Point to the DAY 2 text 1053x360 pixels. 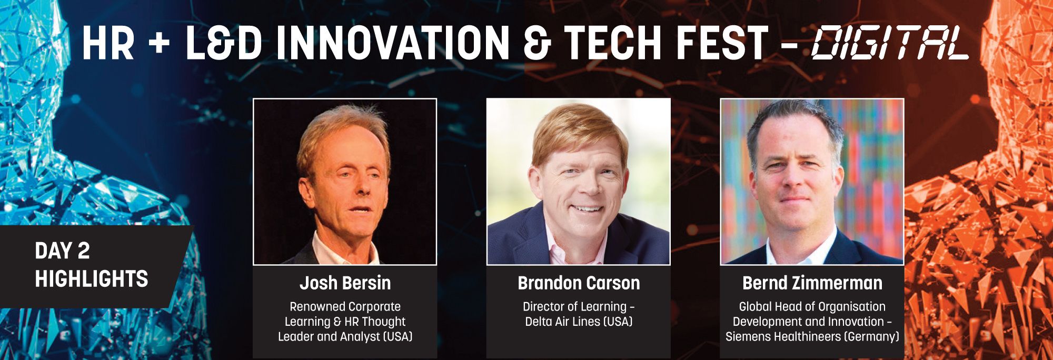(62, 251)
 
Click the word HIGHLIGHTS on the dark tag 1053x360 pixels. (92, 279)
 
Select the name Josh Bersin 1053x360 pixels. (345, 283)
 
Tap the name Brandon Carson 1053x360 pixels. (579, 283)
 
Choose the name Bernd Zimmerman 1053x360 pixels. (812, 283)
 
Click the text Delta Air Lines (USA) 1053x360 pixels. (579, 321)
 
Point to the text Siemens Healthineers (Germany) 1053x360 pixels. (812, 336)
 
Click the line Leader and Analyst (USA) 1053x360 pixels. (345, 336)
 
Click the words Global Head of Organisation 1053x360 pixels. (812, 306)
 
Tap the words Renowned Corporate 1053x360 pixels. (345, 306)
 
